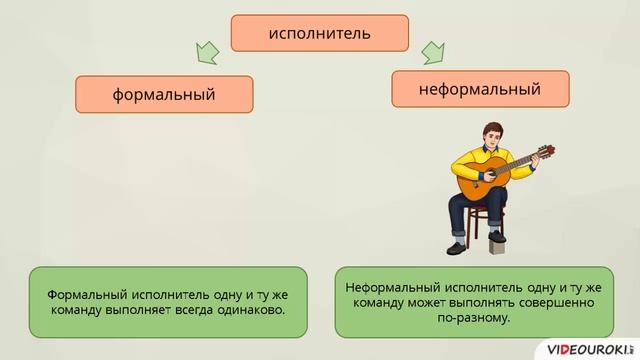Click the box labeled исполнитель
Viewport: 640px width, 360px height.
click(320, 33)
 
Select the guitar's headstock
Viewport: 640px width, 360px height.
click(547, 150)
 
